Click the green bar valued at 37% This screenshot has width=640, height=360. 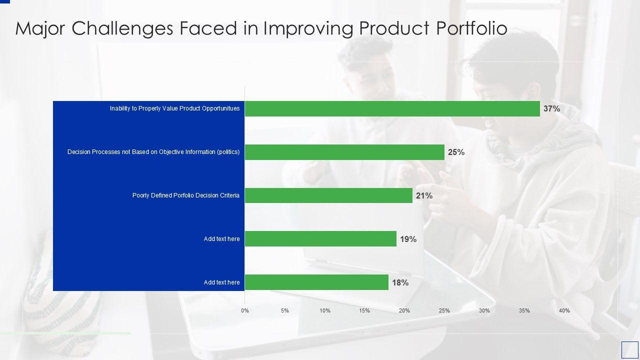pos(392,108)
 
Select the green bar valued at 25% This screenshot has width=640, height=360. pos(344,152)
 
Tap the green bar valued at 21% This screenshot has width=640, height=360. pos(328,195)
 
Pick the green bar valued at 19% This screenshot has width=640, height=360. pos(320,239)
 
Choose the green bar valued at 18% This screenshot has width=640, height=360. pos(316,282)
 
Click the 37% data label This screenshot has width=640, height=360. pos(551,108)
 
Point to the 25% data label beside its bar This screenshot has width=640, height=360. pos(456,152)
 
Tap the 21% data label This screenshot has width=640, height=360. pos(424,195)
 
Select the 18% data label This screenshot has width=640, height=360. pos(400,282)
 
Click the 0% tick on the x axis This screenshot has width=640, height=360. pos(245,310)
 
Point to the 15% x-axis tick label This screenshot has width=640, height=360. pos(364,310)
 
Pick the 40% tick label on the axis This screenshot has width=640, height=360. pos(564,310)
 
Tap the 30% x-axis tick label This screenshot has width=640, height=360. pos(484,310)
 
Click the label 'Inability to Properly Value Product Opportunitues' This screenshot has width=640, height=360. pos(174,108)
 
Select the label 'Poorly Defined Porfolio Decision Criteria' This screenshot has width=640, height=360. pos(185,195)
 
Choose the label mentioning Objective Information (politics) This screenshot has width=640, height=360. pos(153,152)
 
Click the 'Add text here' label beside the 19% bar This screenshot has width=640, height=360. pos(221,239)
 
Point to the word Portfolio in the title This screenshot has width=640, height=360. pos(472,28)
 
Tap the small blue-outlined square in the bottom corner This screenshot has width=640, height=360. pos(629,349)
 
